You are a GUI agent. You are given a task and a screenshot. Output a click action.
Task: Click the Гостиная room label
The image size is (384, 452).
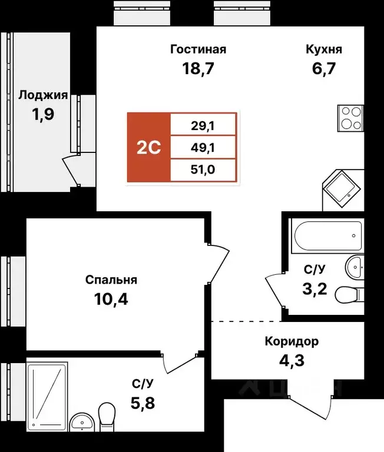(x=198, y=49)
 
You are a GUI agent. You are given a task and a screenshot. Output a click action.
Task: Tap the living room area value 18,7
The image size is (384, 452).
(x=198, y=69)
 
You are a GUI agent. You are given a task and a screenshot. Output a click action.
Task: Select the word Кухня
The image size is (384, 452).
(x=323, y=49)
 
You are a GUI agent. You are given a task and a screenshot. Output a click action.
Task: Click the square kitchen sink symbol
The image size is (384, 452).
(x=340, y=188)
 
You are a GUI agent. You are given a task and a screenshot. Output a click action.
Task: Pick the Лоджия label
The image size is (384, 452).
(x=43, y=95)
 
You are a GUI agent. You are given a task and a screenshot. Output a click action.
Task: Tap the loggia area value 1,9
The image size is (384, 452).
(x=43, y=114)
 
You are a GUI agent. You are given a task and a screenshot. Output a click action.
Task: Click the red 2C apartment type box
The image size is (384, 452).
(x=148, y=147)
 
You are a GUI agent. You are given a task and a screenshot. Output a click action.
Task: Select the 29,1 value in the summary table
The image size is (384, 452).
(x=203, y=124)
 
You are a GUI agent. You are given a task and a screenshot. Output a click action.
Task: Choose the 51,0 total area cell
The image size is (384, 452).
(x=203, y=170)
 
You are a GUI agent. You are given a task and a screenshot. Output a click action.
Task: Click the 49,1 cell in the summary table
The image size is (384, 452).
(x=203, y=147)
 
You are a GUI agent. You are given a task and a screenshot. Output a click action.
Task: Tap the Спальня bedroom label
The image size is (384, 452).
(x=111, y=280)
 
